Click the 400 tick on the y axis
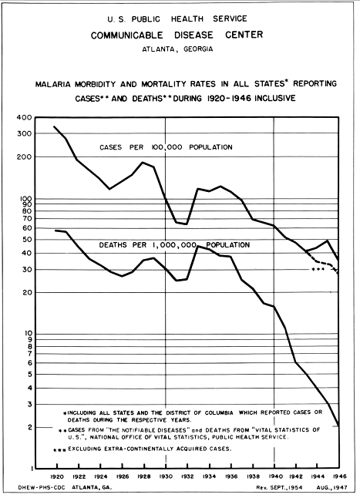[25, 117]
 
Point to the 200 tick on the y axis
[25, 157]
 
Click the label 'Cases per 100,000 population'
[166, 146]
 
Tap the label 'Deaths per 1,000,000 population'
[174, 245]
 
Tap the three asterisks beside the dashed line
[317, 270]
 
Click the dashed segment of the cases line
[328, 264]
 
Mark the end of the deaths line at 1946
[338, 424]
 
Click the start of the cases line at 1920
[54, 126]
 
